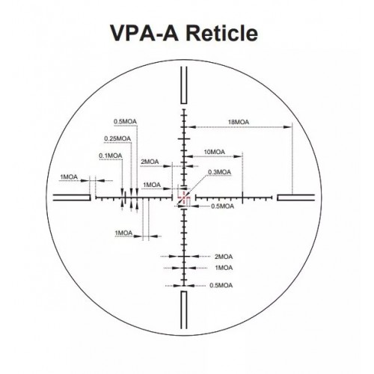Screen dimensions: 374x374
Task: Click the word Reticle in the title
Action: point(222,34)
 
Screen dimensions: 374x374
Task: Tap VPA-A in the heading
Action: point(144,34)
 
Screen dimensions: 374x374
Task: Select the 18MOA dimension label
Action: point(239,122)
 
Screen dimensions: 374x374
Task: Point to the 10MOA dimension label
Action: point(215,152)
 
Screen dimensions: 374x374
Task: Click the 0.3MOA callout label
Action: point(219,172)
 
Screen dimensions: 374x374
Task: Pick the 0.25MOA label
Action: point(117,138)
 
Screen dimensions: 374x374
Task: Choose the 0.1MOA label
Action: point(111,156)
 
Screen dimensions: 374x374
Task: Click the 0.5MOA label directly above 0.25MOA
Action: point(125,121)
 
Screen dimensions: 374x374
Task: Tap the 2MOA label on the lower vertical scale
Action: point(224,257)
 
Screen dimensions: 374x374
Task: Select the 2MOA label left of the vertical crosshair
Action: point(150,162)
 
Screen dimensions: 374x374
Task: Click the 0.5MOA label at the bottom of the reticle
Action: point(221,285)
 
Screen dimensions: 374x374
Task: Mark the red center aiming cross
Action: point(184,197)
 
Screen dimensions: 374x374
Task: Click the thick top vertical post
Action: point(184,85)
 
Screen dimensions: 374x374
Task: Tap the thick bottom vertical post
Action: point(184,310)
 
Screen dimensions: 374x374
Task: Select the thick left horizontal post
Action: point(72,197)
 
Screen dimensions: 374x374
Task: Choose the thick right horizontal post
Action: point(295,197)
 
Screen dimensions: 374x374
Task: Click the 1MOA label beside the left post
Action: point(69,177)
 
